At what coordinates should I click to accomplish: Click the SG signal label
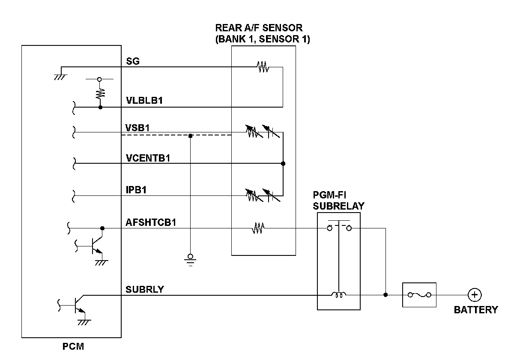(x=133, y=61)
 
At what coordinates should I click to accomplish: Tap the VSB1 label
(x=137, y=127)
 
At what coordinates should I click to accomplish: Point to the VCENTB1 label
(x=148, y=158)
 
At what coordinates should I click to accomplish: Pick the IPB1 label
(x=136, y=190)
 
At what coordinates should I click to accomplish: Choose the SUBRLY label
(x=145, y=289)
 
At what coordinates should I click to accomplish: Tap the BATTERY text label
(x=476, y=310)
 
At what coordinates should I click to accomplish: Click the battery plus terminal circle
(x=475, y=295)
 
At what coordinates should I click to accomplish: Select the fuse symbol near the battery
(x=419, y=295)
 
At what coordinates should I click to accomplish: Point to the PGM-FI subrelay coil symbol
(x=338, y=295)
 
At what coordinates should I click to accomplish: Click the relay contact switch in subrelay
(x=339, y=228)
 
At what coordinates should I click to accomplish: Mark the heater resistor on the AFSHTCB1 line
(x=258, y=228)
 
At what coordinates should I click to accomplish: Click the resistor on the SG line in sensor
(x=262, y=67)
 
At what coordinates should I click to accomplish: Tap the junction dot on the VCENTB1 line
(x=283, y=163)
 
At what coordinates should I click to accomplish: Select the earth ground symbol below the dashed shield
(x=191, y=260)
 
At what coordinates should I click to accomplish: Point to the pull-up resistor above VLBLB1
(x=100, y=93)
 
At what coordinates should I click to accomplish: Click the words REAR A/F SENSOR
(x=259, y=28)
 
